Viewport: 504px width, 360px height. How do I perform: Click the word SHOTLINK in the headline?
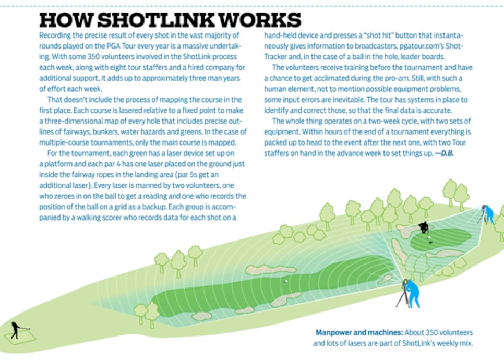click(x=155, y=20)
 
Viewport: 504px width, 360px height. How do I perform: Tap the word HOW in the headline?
click(x=66, y=20)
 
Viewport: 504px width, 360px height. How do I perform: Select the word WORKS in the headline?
click(x=260, y=20)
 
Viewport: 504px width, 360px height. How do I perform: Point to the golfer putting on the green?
click(x=424, y=227)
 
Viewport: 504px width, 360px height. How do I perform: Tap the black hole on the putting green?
click(x=431, y=243)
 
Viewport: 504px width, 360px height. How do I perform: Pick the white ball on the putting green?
click(x=428, y=238)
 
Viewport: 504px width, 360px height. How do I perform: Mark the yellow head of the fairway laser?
click(x=405, y=283)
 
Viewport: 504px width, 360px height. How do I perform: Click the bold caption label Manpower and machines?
click(x=359, y=332)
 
